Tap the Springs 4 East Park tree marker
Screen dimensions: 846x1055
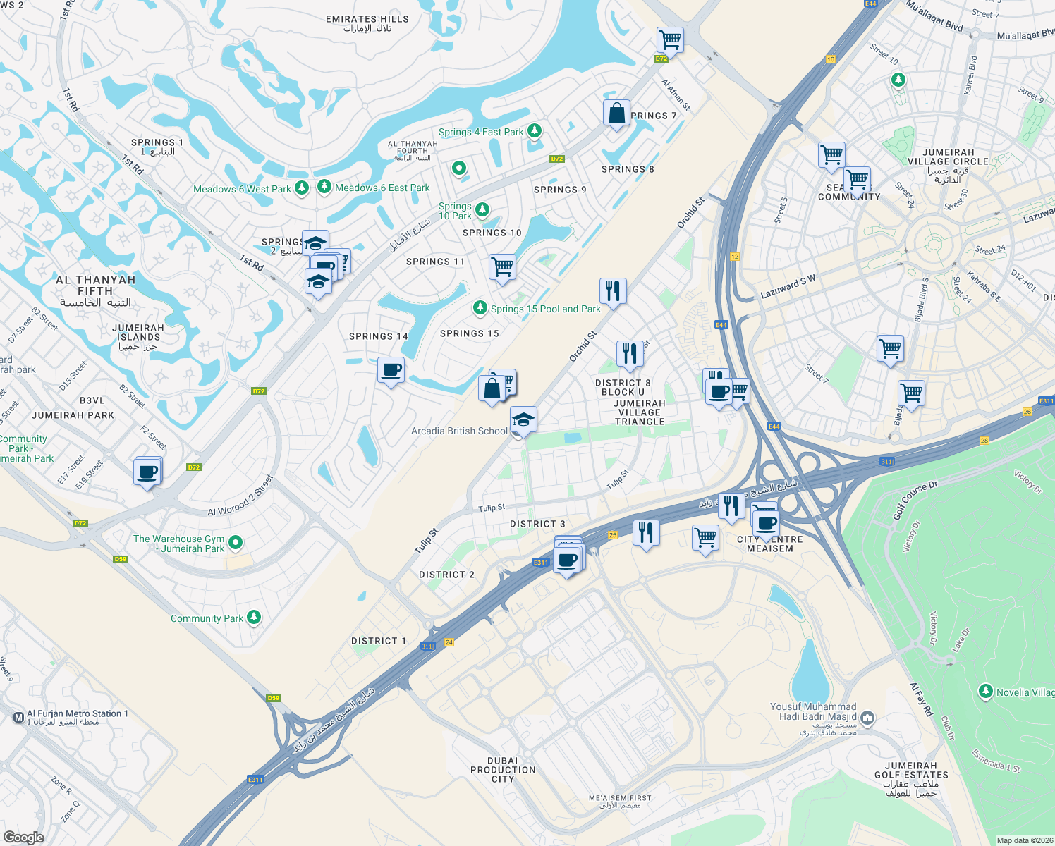click(x=535, y=130)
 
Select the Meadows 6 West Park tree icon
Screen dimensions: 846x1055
click(x=302, y=188)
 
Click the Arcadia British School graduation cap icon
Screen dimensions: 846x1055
click(x=523, y=420)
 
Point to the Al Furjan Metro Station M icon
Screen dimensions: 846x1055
click(x=19, y=718)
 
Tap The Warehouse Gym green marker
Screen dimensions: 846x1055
click(x=236, y=542)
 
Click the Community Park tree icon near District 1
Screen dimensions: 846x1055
click(x=254, y=618)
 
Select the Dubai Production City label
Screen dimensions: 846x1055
click(x=503, y=769)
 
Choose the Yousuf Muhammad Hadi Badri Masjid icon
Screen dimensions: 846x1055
click(x=867, y=718)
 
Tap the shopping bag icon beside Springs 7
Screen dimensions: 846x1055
click(x=616, y=113)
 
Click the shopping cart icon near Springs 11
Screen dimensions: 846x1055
click(x=502, y=267)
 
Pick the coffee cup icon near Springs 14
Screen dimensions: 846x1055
click(x=391, y=370)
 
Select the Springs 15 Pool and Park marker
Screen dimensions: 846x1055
click(x=480, y=307)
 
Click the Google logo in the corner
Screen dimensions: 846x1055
click(x=23, y=837)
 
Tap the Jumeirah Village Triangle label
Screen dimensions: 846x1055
click(x=640, y=412)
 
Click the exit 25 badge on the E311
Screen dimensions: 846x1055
click(x=613, y=535)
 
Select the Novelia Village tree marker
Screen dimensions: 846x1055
click(x=986, y=692)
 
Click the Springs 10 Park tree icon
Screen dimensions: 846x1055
click(x=482, y=209)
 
